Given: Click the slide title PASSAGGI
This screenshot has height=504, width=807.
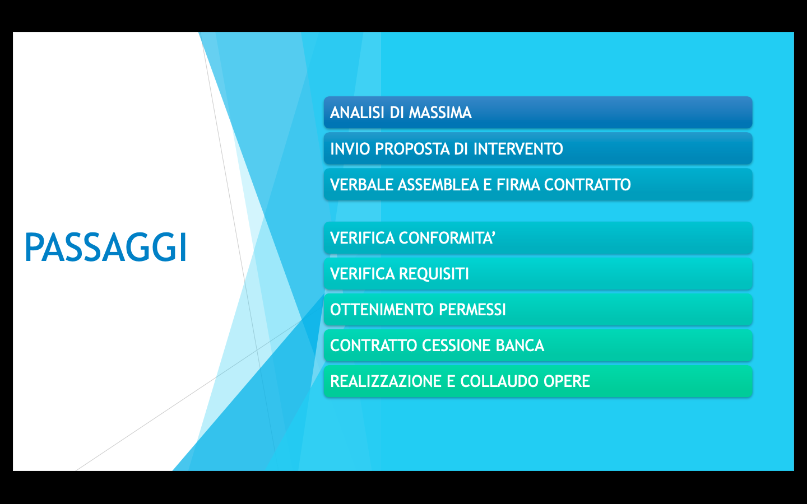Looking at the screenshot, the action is [x=106, y=247].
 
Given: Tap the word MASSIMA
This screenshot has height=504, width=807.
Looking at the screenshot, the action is [x=440, y=113].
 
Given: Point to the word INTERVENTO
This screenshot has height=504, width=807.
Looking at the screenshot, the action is [x=518, y=149].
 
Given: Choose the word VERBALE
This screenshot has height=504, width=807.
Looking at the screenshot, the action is [x=361, y=185].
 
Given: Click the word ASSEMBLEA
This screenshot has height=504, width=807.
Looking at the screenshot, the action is [x=438, y=185].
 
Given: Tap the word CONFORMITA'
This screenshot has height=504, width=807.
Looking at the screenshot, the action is [x=447, y=238].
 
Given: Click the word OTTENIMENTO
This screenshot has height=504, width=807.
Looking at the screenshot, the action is [x=382, y=310].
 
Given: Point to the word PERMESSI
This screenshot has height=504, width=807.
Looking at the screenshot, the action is [x=472, y=310].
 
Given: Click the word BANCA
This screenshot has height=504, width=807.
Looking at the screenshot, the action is [x=520, y=345].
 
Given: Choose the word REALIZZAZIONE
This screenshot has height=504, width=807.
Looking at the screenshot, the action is [x=386, y=381].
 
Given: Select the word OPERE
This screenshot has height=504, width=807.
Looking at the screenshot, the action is [x=567, y=381].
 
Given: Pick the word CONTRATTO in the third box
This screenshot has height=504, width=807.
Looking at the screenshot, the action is [x=587, y=185].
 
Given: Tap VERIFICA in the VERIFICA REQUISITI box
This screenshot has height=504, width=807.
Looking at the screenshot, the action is [x=362, y=274].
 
